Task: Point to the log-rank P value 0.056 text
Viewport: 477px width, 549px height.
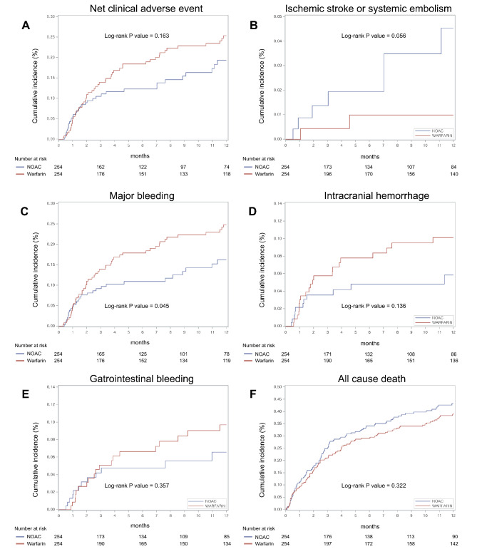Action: pyautogui.click(x=368, y=35)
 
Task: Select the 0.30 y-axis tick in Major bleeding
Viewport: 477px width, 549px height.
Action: pyautogui.click(x=49, y=203)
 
